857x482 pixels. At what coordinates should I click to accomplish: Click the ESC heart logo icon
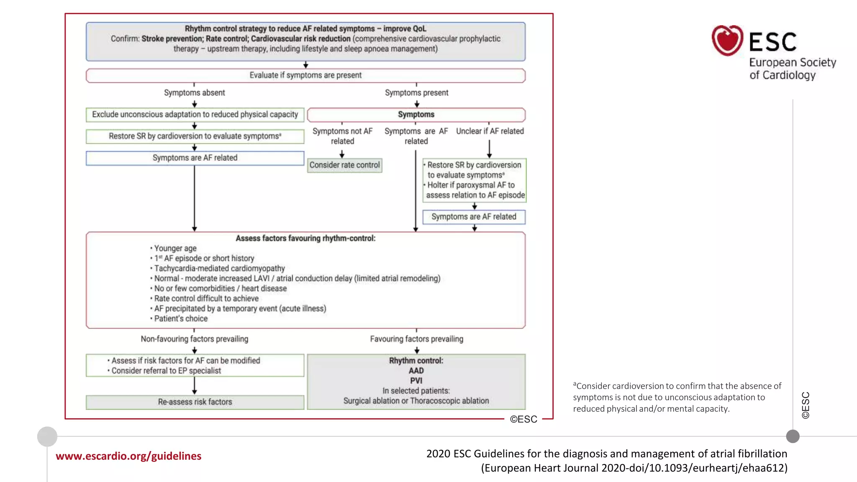coord(727,41)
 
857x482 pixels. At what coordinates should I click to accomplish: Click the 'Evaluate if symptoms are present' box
coord(305,75)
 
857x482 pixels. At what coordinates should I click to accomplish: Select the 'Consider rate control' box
coord(344,165)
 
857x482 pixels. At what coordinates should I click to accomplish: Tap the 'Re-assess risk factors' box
coord(195,402)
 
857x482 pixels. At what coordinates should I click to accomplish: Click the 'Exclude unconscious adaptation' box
coord(195,115)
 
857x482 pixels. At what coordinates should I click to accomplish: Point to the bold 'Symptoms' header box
coord(416,115)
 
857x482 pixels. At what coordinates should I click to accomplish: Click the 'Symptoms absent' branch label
coord(194,93)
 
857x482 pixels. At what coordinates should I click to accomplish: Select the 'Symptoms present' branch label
coord(416,93)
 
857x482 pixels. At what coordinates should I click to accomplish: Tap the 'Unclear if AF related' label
coord(490,131)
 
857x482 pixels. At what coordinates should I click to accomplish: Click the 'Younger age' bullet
coord(175,249)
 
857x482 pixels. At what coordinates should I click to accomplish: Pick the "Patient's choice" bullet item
coord(181,319)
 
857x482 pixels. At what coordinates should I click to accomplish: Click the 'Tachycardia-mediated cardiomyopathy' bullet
coord(219,269)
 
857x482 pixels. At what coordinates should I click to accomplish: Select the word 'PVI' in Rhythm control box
coord(416,381)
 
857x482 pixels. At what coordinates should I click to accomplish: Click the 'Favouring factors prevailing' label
coord(416,339)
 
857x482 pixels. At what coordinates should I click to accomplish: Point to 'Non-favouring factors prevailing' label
coord(194,339)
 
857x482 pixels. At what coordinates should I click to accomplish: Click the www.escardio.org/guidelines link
coord(128,456)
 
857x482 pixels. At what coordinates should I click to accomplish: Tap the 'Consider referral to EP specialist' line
coord(166,371)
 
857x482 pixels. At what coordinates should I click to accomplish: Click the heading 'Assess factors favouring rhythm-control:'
coord(305,238)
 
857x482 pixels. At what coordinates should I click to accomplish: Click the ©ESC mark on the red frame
coord(523,419)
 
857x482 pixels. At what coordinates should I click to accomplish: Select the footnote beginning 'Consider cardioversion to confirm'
coord(677,397)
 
